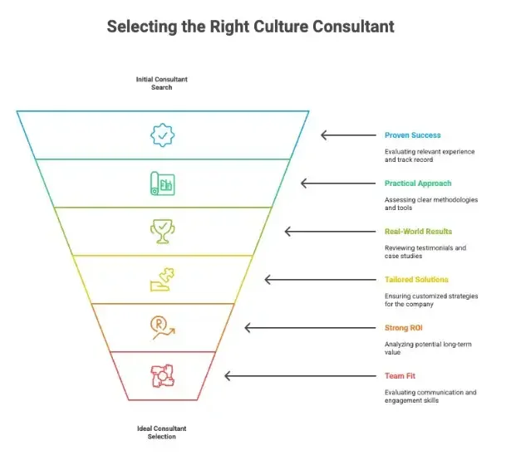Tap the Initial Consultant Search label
(162, 83)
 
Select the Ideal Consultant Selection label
(162, 432)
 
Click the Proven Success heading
(412, 135)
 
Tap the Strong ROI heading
(404, 328)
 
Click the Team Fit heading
(400, 376)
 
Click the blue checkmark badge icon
(162, 135)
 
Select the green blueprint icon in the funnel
(162, 183)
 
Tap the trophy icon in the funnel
(162, 231)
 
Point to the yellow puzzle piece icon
(162, 280)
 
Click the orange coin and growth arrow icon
(162, 328)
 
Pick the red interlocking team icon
(162, 376)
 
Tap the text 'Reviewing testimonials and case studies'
(425, 252)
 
